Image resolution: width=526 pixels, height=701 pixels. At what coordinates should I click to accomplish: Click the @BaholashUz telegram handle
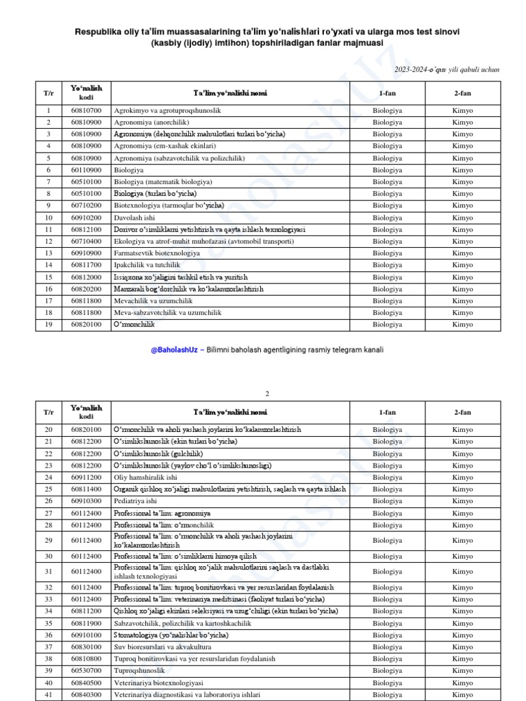(x=174, y=349)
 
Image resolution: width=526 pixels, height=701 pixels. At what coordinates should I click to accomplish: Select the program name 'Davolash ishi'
(x=136, y=218)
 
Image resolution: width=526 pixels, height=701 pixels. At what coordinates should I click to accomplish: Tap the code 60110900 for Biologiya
(x=86, y=170)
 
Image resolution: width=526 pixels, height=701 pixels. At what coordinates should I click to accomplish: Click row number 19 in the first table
(x=49, y=324)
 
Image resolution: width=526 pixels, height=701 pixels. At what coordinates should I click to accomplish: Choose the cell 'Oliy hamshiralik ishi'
(x=145, y=477)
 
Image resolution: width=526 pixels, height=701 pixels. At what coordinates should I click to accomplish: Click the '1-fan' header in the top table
(x=387, y=93)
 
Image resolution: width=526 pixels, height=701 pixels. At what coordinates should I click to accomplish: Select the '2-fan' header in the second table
(x=462, y=413)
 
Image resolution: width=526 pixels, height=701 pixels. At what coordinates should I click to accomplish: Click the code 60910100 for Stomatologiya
(x=86, y=635)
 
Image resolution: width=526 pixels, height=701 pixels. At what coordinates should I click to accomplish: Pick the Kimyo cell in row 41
(x=462, y=695)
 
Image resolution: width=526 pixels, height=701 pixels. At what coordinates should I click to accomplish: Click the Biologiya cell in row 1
(x=387, y=110)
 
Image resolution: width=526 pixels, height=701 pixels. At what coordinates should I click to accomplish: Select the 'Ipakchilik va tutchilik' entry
(x=147, y=265)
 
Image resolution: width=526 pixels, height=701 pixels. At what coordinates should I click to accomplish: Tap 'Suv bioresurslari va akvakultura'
(x=162, y=647)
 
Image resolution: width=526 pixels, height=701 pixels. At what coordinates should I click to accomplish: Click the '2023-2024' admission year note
(x=447, y=70)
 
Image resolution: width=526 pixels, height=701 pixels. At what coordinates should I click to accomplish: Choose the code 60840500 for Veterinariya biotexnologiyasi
(x=86, y=683)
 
